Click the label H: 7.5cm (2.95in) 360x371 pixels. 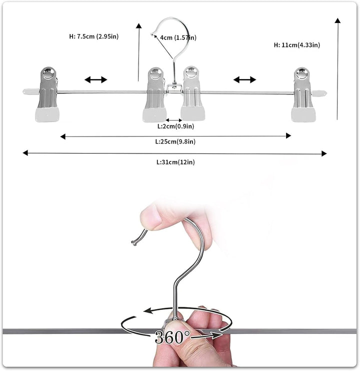pos(93,36)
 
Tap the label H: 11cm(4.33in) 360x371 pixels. pos(297,45)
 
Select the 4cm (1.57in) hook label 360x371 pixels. pos(178,37)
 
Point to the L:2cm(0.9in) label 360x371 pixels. pos(175,126)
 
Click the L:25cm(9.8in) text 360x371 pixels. pos(175,141)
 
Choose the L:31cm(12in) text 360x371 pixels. pos(175,162)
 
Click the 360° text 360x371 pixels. pos(172,337)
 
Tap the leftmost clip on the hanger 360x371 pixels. pos(47,94)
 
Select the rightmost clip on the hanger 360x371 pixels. pos(303,94)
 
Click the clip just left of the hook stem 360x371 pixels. pos(155,95)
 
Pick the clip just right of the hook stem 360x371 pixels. pos(192,93)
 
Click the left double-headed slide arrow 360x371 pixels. pos(96,79)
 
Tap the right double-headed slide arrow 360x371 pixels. pos(244,79)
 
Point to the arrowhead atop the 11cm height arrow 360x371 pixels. pos(338,20)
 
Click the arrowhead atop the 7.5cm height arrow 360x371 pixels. pos(139,26)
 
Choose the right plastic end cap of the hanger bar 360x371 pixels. pos(319,93)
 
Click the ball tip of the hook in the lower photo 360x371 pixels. pos(134,243)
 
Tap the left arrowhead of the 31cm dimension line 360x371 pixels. pos(25,153)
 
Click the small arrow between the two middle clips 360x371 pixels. pos(174,120)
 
